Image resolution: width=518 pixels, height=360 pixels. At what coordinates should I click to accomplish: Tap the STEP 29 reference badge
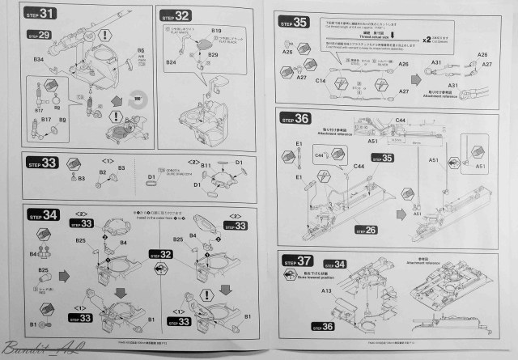click(x=40, y=35)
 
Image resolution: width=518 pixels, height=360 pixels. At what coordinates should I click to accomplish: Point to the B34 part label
click(x=38, y=61)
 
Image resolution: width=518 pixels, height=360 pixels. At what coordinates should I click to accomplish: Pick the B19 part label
click(x=216, y=31)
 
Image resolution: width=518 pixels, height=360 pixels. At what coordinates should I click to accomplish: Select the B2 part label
click(x=103, y=172)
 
